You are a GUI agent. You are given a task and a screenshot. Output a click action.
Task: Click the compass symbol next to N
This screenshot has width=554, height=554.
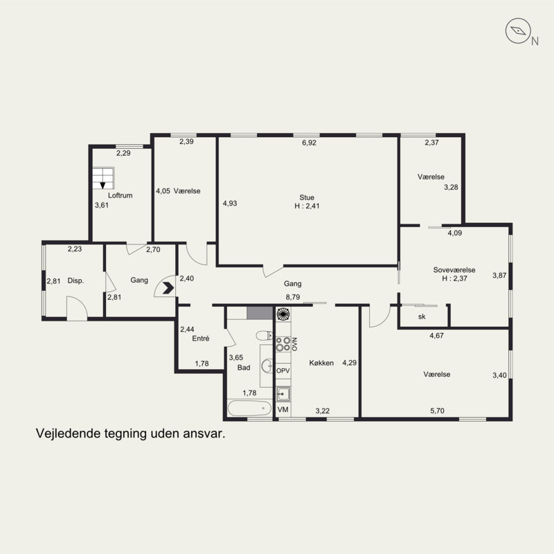[x=518, y=31]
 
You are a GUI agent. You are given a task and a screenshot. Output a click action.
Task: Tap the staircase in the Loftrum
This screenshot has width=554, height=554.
[x=103, y=178]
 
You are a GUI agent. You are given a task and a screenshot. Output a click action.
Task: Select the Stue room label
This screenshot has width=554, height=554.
[x=307, y=197]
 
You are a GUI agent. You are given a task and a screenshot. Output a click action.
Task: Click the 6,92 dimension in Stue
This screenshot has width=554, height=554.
[x=309, y=143]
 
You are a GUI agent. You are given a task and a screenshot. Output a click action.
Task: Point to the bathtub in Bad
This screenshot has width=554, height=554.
[x=249, y=409]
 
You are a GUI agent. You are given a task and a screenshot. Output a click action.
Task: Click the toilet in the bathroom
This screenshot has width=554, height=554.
[x=264, y=335]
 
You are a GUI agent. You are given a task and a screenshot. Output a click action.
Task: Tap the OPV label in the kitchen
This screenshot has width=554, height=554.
[x=283, y=370]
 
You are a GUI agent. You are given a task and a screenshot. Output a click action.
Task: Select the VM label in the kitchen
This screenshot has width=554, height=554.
[x=283, y=409]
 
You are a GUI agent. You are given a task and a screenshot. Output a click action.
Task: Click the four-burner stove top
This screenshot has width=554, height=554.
[x=283, y=344]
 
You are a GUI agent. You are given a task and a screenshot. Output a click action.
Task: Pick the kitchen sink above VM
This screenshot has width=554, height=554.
[x=283, y=393]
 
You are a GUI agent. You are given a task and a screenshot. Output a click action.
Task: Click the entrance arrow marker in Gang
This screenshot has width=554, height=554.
[x=168, y=288]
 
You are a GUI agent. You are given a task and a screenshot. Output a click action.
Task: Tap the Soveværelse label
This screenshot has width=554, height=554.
[x=454, y=270]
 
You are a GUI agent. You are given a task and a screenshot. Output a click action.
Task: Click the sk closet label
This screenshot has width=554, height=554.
[x=422, y=316]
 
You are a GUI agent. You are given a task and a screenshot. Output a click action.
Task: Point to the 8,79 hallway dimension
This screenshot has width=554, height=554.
[x=293, y=297]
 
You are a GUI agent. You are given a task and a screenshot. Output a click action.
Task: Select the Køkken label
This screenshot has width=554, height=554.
[x=321, y=363]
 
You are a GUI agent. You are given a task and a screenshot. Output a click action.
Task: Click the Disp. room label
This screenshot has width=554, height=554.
[x=75, y=281]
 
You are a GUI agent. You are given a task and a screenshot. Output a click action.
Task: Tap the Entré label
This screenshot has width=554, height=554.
[x=201, y=339]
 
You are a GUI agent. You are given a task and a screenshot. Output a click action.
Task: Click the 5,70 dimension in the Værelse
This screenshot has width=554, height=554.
[x=438, y=411]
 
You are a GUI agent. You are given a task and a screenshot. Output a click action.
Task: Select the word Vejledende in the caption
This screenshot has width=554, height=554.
[x=68, y=434]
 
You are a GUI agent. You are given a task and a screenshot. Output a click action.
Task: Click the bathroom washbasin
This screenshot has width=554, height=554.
[x=267, y=366]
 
